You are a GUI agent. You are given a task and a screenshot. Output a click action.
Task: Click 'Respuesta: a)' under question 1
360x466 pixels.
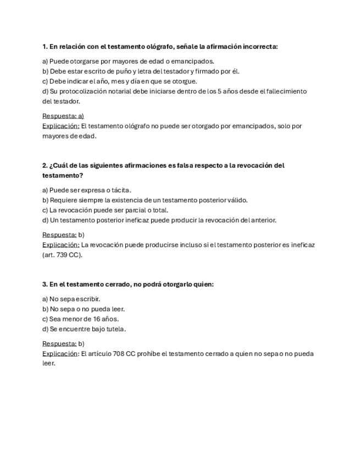click(x=63, y=116)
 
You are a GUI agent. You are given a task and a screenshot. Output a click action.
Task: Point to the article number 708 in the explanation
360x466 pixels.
click(x=117, y=354)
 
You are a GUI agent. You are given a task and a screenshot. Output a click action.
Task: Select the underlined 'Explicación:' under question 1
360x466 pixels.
click(x=60, y=126)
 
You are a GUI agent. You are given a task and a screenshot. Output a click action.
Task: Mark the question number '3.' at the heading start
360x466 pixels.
click(x=45, y=285)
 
